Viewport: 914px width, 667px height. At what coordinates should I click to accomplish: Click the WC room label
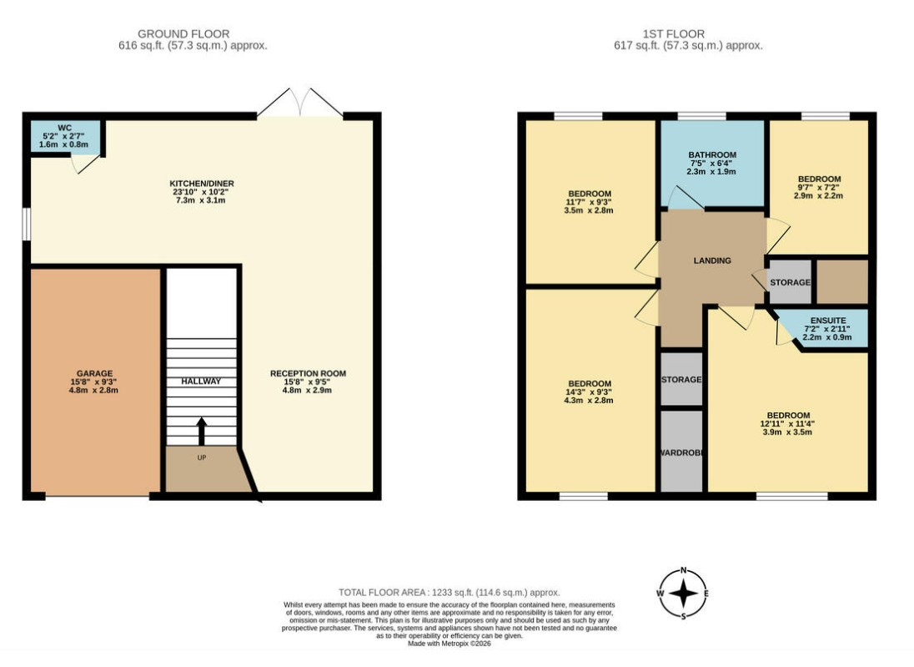(65, 128)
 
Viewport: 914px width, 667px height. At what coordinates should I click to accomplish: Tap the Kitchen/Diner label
(202, 183)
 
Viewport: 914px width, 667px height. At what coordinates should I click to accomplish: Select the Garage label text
(94, 373)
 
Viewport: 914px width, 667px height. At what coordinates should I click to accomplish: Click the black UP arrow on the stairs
(202, 432)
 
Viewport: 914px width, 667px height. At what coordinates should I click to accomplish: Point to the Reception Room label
(308, 373)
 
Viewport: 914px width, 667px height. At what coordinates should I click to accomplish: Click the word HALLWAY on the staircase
(201, 381)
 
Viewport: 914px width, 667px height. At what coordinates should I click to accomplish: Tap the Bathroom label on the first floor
(712, 154)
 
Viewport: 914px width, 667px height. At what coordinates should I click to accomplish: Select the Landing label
(712, 260)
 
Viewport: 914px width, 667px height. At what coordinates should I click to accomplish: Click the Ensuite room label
(828, 321)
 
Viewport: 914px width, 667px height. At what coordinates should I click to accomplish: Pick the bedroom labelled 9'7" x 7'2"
(819, 187)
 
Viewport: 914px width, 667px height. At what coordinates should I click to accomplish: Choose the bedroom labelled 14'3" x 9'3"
(590, 392)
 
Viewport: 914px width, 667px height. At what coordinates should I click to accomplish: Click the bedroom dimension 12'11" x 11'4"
(787, 424)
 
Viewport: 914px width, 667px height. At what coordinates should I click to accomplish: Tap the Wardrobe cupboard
(681, 451)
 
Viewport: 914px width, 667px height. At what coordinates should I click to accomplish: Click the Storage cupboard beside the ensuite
(790, 282)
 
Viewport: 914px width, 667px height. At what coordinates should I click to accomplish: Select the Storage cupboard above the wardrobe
(681, 379)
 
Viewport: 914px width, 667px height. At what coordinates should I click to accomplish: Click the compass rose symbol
(683, 594)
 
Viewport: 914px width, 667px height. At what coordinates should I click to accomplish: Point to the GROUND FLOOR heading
(183, 34)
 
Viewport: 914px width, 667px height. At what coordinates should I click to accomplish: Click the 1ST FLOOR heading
(673, 34)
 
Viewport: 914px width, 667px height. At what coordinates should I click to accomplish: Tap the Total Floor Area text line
(449, 593)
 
